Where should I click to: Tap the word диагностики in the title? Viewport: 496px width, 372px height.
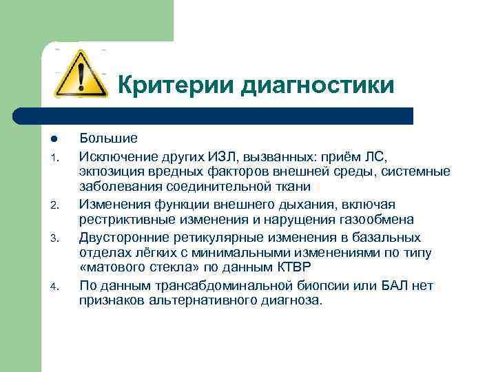coord(317,85)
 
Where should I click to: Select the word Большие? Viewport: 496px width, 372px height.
coord(108,138)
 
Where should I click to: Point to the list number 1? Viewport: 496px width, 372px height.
coord(55,156)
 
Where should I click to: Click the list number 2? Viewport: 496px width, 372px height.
coord(55,205)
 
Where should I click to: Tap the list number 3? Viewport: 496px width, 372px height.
coord(55,238)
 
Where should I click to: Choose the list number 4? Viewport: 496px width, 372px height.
coord(55,286)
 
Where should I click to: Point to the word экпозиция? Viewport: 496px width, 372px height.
coord(110,171)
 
